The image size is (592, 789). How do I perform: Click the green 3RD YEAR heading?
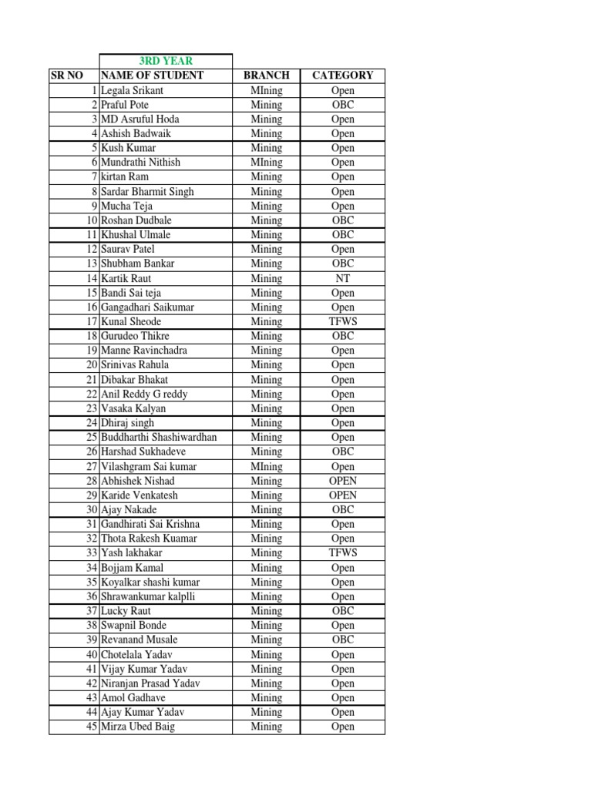click(166, 61)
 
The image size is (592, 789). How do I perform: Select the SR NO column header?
click(66, 76)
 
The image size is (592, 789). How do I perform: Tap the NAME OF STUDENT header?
click(153, 76)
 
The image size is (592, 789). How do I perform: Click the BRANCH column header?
click(266, 76)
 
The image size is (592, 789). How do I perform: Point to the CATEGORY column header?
click(342, 76)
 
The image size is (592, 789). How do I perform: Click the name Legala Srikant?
click(132, 90)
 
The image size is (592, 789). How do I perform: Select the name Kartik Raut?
click(126, 278)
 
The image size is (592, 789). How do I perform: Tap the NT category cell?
click(342, 278)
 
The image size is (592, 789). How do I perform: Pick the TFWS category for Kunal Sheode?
click(342, 321)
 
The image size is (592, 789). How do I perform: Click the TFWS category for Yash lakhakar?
click(342, 552)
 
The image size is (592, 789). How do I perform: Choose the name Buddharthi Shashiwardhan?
click(159, 437)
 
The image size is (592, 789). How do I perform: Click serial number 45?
click(92, 727)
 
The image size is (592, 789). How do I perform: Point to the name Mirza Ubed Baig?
click(138, 727)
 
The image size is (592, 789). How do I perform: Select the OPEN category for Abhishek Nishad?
click(342, 481)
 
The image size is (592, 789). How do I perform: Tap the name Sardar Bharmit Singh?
click(147, 192)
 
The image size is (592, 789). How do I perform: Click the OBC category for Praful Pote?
click(342, 105)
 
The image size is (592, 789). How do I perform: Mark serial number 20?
click(92, 364)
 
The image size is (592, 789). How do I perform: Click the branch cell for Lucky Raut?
click(266, 611)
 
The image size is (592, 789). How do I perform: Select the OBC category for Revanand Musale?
click(342, 640)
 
